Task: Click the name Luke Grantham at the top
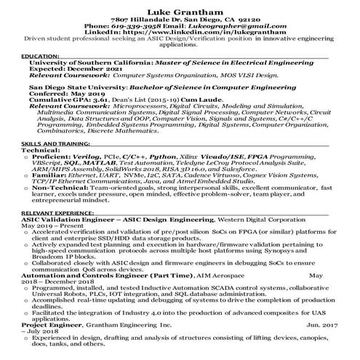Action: pos(180,11)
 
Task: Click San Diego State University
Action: pos(72,86)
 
